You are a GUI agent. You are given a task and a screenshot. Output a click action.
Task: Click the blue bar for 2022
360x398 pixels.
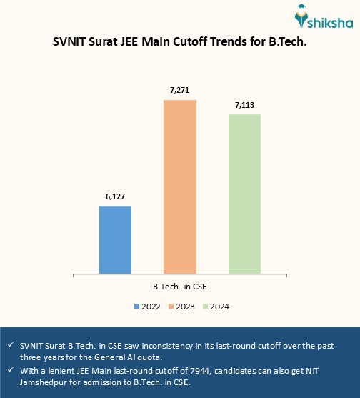coord(115,239)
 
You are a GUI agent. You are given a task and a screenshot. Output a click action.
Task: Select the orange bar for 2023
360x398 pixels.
coord(180,186)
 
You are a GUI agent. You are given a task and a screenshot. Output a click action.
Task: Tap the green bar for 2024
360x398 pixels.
coord(244,194)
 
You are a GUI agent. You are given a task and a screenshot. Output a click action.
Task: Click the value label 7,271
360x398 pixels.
coord(180,91)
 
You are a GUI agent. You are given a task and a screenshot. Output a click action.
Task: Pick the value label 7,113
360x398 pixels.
coord(244,105)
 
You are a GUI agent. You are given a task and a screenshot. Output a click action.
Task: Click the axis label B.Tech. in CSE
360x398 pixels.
coord(180,286)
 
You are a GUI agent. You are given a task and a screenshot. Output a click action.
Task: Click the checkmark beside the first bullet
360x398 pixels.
coord(9,345)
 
